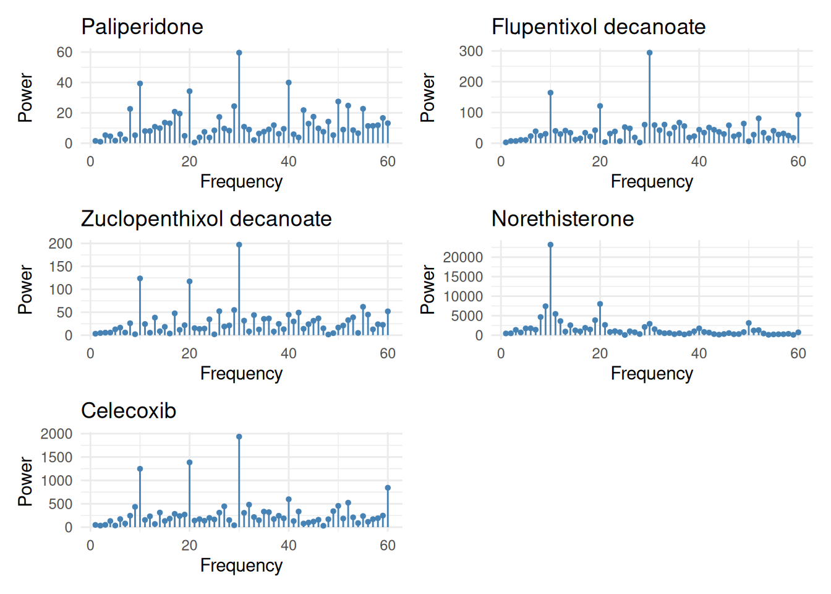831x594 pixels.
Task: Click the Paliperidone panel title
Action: (x=142, y=27)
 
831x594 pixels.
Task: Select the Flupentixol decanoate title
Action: (x=599, y=27)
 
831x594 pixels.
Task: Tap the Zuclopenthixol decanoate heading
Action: (x=207, y=218)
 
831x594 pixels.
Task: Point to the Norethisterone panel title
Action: (x=563, y=218)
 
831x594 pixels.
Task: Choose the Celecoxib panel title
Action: (x=129, y=411)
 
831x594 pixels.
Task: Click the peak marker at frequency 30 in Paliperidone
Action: (x=239, y=53)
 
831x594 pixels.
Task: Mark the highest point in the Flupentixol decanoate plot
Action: (x=650, y=53)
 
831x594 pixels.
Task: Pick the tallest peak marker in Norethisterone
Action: (x=550, y=244)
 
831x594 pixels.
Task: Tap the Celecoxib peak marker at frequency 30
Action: (x=239, y=437)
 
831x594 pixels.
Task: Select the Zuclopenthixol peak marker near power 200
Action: (x=239, y=244)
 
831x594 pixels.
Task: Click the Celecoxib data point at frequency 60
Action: (x=388, y=488)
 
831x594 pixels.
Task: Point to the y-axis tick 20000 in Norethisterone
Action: (x=462, y=257)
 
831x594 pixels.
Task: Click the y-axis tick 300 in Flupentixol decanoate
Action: (x=471, y=51)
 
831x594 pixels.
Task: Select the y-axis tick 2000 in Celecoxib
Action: (x=56, y=434)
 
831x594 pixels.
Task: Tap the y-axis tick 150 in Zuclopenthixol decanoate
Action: (x=61, y=267)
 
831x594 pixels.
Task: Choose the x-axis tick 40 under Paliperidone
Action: (x=289, y=161)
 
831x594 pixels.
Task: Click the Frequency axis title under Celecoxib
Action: (x=242, y=566)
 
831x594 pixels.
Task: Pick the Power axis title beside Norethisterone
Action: (x=427, y=290)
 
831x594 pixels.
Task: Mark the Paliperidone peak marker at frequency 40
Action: (x=289, y=82)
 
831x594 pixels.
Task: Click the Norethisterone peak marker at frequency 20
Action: (x=600, y=304)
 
